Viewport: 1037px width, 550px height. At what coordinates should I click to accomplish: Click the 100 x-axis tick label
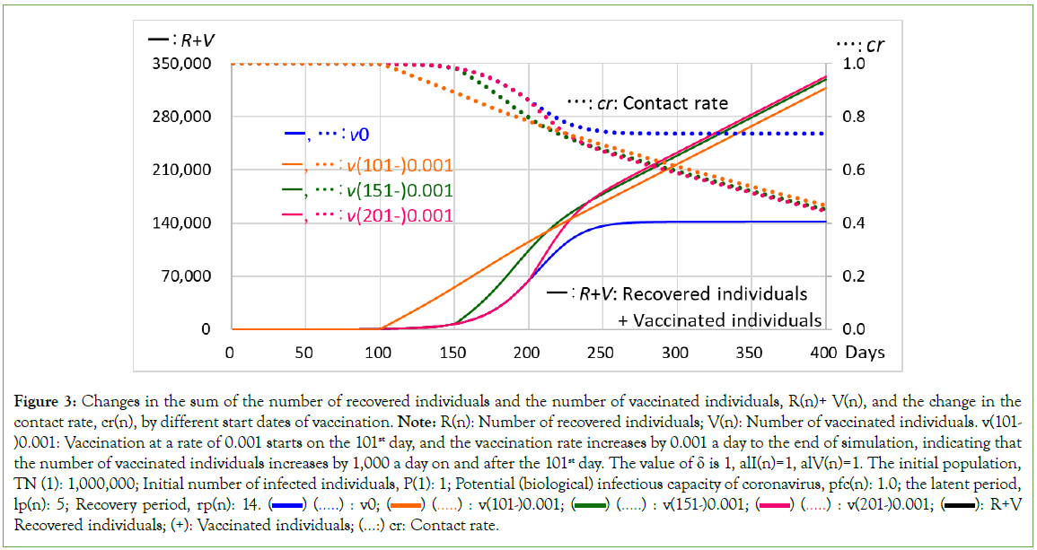[x=378, y=352]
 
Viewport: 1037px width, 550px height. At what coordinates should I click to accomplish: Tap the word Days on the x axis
[x=865, y=352]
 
